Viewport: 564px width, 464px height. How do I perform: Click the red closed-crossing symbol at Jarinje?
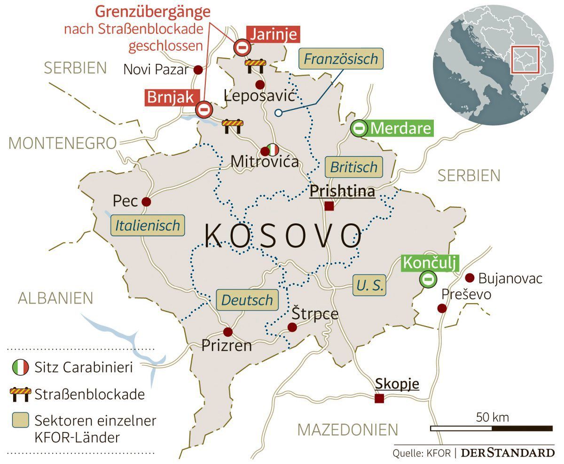tap(243, 47)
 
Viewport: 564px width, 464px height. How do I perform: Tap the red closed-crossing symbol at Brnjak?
tap(204, 109)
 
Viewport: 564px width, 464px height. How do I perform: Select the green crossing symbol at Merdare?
tap(360, 128)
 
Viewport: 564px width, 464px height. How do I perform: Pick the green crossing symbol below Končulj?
tap(428, 280)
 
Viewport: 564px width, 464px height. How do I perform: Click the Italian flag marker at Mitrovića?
tap(272, 150)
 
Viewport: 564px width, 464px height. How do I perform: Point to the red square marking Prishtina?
tap(329, 206)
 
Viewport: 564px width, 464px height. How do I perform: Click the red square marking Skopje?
tap(379, 398)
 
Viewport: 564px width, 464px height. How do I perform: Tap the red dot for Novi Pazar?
tap(198, 70)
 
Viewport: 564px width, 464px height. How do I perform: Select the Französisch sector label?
tap(340, 59)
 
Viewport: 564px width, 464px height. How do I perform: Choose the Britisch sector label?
tap(353, 167)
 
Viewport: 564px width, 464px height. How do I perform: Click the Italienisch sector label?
tap(148, 225)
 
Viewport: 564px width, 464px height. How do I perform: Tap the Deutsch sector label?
tap(247, 300)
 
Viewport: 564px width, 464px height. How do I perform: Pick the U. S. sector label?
tap(369, 285)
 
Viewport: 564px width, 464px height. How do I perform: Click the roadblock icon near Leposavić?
tap(255, 65)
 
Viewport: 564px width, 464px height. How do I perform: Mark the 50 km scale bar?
tap(492, 428)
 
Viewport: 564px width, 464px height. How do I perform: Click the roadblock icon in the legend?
tap(20, 393)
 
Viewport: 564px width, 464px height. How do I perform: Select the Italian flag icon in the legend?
tap(20, 367)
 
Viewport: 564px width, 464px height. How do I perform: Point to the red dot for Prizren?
tap(228, 332)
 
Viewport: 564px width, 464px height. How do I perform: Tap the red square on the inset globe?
tap(525, 60)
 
